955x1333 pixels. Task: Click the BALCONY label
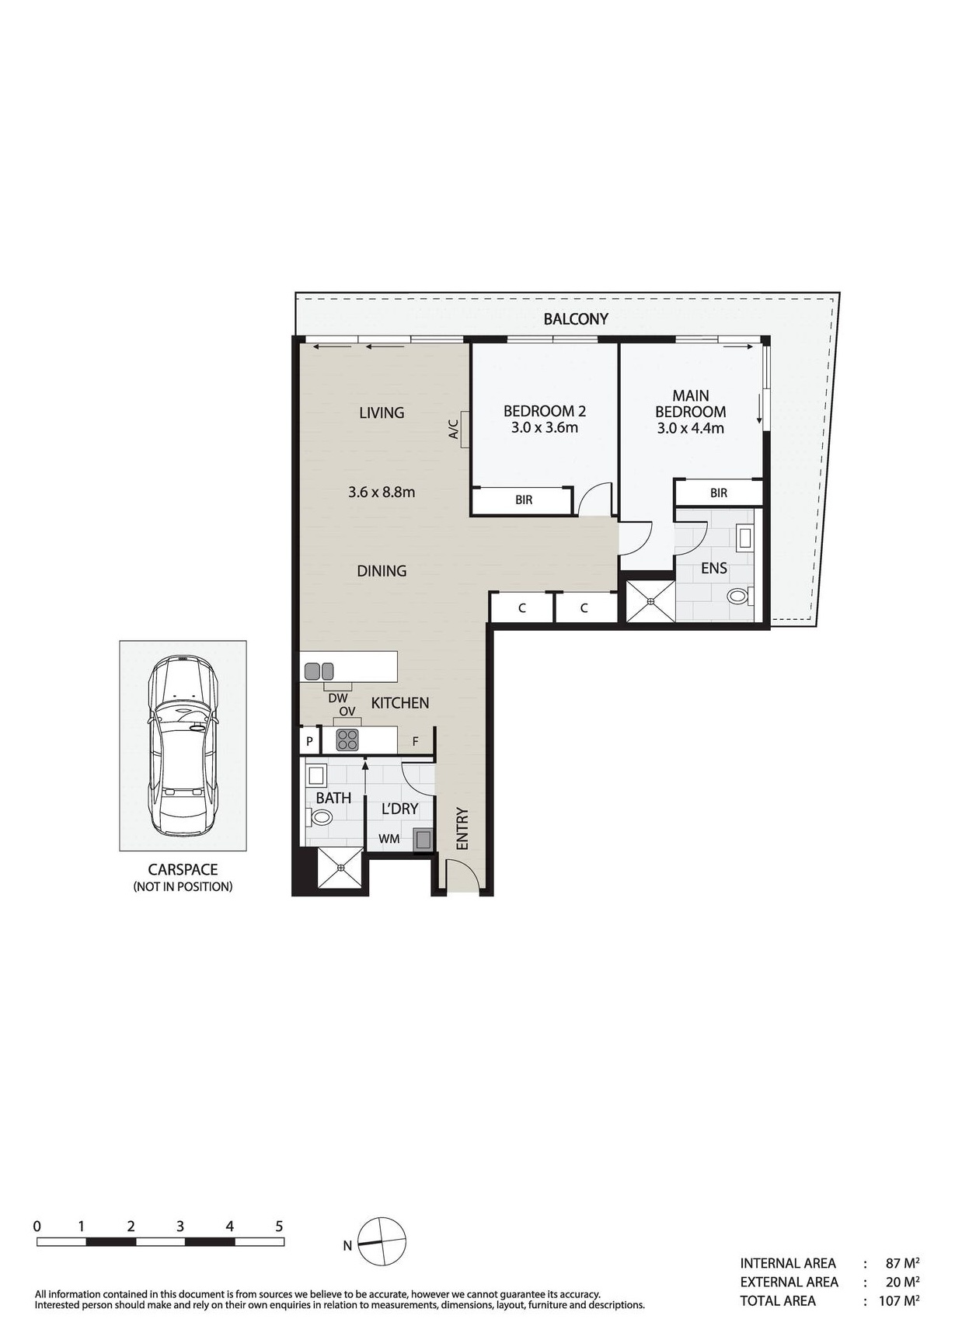click(x=575, y=318)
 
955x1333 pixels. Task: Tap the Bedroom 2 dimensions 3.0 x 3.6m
click(x=544, y=428)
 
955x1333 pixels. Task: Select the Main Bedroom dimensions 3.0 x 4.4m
click(x=690, y=428)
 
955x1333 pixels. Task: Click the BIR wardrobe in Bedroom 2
click(x=523, y=500)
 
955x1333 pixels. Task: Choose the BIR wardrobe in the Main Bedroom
click(x=718, y=493)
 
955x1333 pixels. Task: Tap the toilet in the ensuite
click(x=737, y=597)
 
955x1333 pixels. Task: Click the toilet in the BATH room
click(x=319, y=817)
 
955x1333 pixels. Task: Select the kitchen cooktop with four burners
click(x=347, y=740)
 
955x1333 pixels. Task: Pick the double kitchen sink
click(x=319, y=670)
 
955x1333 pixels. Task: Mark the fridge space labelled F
click(x=416, y=742)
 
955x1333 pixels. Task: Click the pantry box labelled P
click(x=309, y=742)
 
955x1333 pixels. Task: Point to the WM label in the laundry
click(x=389, y=839)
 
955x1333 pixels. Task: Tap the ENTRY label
click(x=462, y=829)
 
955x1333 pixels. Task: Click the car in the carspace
click(x=183, y=746)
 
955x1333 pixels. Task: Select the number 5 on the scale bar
click(x=279, y=1227)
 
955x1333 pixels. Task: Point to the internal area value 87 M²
click(x=902, y=1263)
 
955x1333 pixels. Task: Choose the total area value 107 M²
click(x=899, y=1300)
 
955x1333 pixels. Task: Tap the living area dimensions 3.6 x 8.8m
click(x=381, y=492)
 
